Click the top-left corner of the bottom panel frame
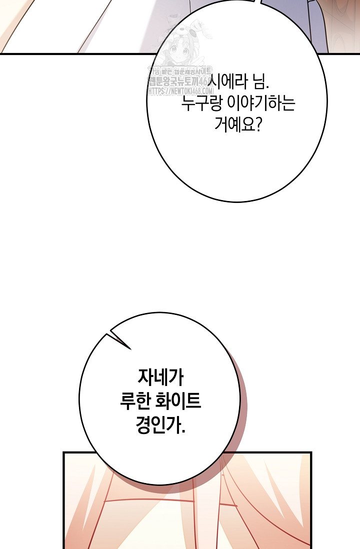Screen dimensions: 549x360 64,453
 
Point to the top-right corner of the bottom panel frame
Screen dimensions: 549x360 310,453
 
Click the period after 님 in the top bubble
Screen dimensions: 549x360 267,84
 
